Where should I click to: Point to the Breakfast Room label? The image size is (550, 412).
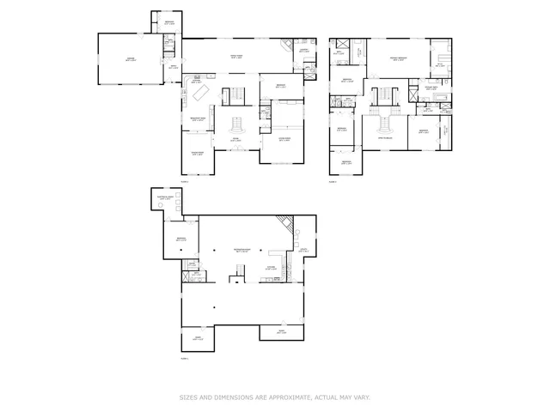coord(197,119)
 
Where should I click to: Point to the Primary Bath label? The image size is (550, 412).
coord(440,64)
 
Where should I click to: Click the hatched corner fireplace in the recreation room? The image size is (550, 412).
coord(284,227)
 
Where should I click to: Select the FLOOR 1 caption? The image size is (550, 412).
coord(184,181)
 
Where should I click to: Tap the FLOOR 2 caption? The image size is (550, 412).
coord(333,181)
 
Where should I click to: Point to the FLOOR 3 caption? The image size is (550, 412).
coord(184,359)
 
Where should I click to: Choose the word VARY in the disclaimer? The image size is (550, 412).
coord(362,397)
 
